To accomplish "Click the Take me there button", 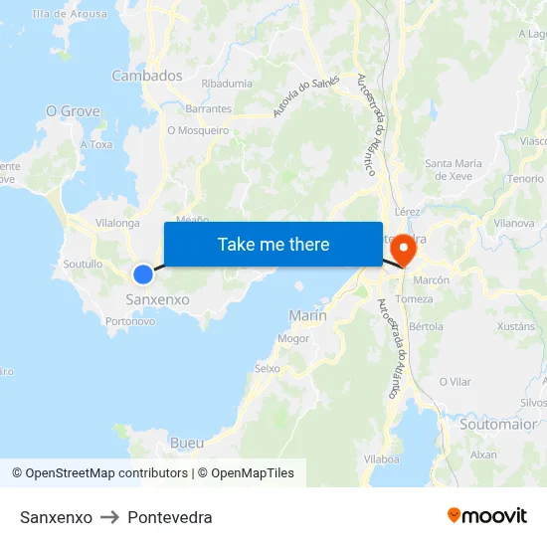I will pos(273,244).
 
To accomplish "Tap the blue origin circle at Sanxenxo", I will pos(143,274).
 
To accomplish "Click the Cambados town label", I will pos(147,76).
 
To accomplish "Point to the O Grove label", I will pos(73,111).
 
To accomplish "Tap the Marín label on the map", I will pos(307,315).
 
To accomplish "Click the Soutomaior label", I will pos(498,424).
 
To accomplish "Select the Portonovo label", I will pos(129,321).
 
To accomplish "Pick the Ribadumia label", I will pos(227,85).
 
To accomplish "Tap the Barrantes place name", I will pos(208,109).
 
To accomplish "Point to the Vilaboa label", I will pos(382,458).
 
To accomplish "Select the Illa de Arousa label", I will pos(69,14).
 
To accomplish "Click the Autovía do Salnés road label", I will pos(320,95).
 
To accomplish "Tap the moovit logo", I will pos(487,515).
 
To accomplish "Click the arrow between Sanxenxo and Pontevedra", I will pos(109,517).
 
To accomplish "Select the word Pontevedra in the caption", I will pos(170,517).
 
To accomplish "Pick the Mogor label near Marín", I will pos(293,338).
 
